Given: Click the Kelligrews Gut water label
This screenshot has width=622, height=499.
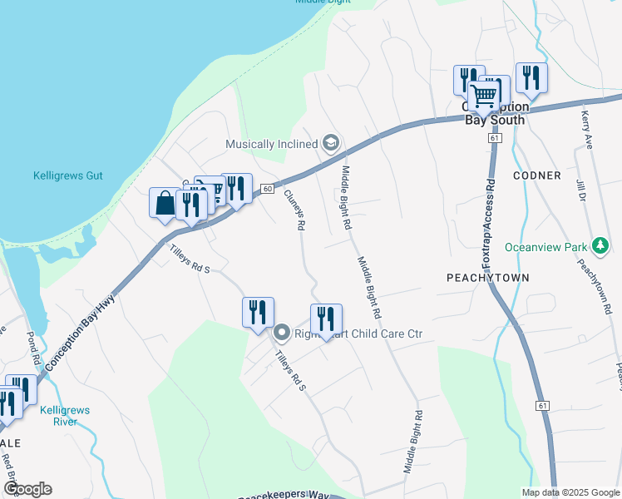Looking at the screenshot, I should (67, 175).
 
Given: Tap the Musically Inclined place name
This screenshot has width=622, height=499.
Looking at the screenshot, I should (272, 144).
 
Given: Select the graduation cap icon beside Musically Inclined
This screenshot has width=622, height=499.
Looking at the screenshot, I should (330, 144).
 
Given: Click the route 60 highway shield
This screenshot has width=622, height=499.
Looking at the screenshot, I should (266, 190).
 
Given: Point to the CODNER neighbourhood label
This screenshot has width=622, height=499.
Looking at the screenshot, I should (537, 175).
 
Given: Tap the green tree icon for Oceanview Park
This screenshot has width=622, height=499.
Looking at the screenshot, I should (600, 246).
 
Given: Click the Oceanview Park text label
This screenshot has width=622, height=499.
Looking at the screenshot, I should (545, 247).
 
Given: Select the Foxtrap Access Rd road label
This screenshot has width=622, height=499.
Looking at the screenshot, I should (489, 215).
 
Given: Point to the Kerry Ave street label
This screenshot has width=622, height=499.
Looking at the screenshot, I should (586, 130).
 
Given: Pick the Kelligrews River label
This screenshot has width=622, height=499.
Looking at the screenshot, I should (65, 416).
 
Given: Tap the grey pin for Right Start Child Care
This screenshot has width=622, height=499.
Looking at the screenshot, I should (282, 334).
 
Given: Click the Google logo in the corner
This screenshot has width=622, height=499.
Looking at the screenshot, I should (27, 489).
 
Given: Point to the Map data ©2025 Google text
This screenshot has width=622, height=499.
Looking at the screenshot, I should (570, 492).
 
